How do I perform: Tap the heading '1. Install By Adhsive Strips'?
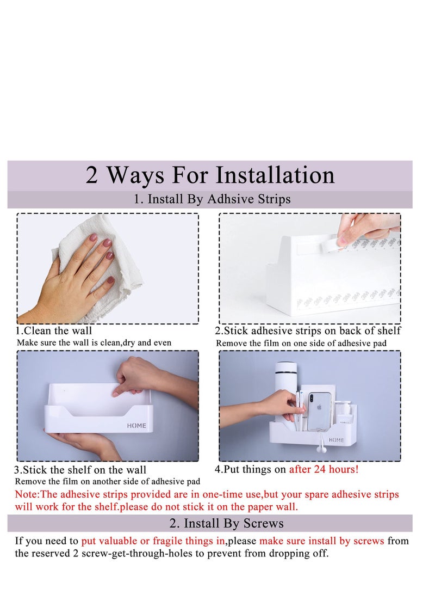[212, 199]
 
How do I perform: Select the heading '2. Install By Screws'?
[226, 523]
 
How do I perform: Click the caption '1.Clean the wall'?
[54, 330]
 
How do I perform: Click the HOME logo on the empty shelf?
[136, 425]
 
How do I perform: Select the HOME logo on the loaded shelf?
[336, 440]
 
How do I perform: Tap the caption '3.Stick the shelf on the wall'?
[80, 470]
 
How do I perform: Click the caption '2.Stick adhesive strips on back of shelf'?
[308, 330]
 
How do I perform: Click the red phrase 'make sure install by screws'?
[321, 541]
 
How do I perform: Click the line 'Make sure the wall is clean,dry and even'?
[94, 342]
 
